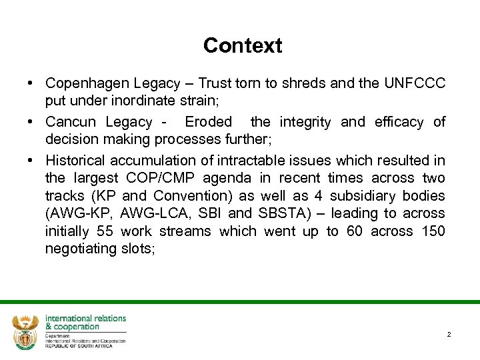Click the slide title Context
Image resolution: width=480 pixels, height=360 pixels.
point(243,45)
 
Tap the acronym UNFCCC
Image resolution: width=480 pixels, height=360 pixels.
point(415,83)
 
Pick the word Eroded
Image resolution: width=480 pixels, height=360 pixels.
point(208,122)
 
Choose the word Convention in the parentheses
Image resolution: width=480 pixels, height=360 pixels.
point(191,196)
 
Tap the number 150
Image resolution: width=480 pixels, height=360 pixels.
point(432,231)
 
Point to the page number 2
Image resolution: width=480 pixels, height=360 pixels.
point(449,334)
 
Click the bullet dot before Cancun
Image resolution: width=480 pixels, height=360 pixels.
point(32,122)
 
